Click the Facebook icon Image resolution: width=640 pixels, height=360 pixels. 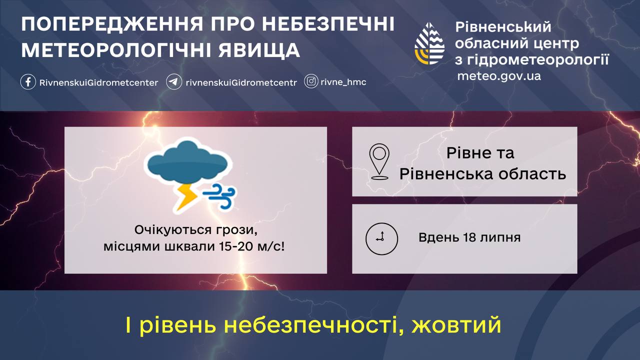(x=28, y=82)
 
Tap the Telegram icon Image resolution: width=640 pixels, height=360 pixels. (x=173, y=82)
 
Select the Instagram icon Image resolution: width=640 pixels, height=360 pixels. (x=311, y=81)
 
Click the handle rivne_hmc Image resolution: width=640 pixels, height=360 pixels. (x=343, y=82)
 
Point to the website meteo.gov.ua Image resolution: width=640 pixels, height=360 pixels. (x=499, y=76)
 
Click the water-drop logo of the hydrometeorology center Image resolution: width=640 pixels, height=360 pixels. (x=429, y=43)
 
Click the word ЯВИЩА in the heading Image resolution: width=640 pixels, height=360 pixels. (x=259, y=50)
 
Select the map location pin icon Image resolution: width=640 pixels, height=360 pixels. (x=379, y=161)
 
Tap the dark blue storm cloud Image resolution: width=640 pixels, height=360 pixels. (x=187, y=162)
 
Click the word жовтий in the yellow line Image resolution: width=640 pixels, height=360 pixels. (x=456, y=325)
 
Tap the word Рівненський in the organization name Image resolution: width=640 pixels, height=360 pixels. (x=503, y=27)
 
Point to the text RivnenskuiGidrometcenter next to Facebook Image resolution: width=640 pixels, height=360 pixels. (x=98, y=82)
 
